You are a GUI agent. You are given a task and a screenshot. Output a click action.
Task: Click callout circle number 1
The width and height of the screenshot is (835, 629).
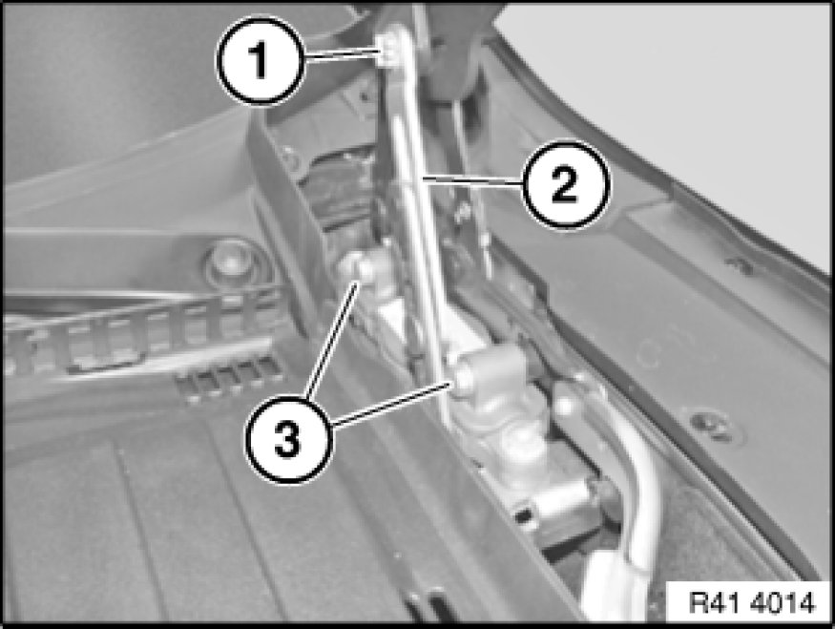[261, 61]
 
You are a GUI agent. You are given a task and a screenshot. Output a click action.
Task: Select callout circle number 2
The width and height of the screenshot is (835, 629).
[565, 184]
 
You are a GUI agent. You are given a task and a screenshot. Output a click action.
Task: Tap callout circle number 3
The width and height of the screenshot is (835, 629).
[289, 440]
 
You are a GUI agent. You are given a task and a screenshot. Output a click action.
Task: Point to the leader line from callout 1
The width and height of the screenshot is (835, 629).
[342, 52]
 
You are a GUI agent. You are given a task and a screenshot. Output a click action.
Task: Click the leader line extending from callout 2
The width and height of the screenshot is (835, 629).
[471, 180]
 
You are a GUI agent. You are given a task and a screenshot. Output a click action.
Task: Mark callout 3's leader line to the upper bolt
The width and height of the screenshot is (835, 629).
[330, 342]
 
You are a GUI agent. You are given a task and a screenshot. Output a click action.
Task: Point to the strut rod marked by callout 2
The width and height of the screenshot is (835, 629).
[421, 213]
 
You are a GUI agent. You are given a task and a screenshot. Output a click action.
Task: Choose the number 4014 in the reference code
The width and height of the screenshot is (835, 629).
[783, 603]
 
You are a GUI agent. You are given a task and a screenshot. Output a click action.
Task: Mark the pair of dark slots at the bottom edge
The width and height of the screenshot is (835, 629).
[428, 603]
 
